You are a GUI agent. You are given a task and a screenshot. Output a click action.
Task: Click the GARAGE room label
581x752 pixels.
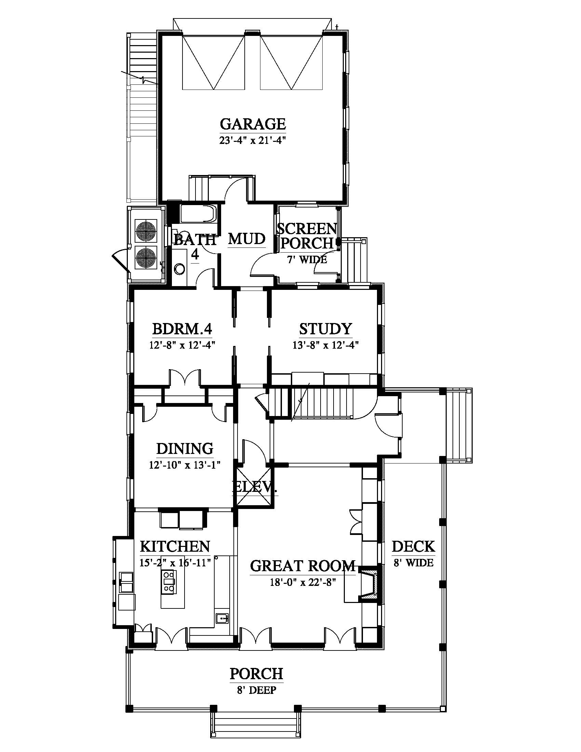click(x=253, y=124)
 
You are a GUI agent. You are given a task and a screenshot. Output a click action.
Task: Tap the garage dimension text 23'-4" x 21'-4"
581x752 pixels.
click(x=253, y=141)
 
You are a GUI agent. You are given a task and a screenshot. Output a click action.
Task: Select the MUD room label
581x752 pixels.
click(x=247, y=239)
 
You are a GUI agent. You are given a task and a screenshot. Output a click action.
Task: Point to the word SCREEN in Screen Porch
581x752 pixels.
click(x=307, y=229)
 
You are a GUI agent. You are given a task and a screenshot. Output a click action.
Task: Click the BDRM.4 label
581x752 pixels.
click(x=182, y=329)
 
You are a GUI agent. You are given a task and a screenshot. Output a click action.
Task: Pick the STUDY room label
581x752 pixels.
click(x=326, y=329)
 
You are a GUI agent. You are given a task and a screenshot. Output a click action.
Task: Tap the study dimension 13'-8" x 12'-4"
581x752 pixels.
click(x=326, y=345)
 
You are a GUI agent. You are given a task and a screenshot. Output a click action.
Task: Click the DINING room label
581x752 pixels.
click(x=185, y=449)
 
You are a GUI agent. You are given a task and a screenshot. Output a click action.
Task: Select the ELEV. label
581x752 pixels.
click(x=255, y=487)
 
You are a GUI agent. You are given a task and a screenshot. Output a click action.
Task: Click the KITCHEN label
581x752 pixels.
click(x=175, y=547)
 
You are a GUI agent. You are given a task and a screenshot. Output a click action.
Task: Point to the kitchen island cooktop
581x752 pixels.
click(x=169, y=581)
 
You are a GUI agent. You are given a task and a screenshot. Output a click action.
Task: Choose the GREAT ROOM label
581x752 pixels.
click(x=303, y=566)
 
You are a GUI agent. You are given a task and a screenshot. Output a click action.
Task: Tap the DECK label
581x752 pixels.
click(x=414, y=547)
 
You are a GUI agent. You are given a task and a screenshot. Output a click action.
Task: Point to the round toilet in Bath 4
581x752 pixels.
click(x=179, y=269)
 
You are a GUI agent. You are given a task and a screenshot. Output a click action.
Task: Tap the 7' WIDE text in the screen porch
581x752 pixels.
click(x=307, y=260)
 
